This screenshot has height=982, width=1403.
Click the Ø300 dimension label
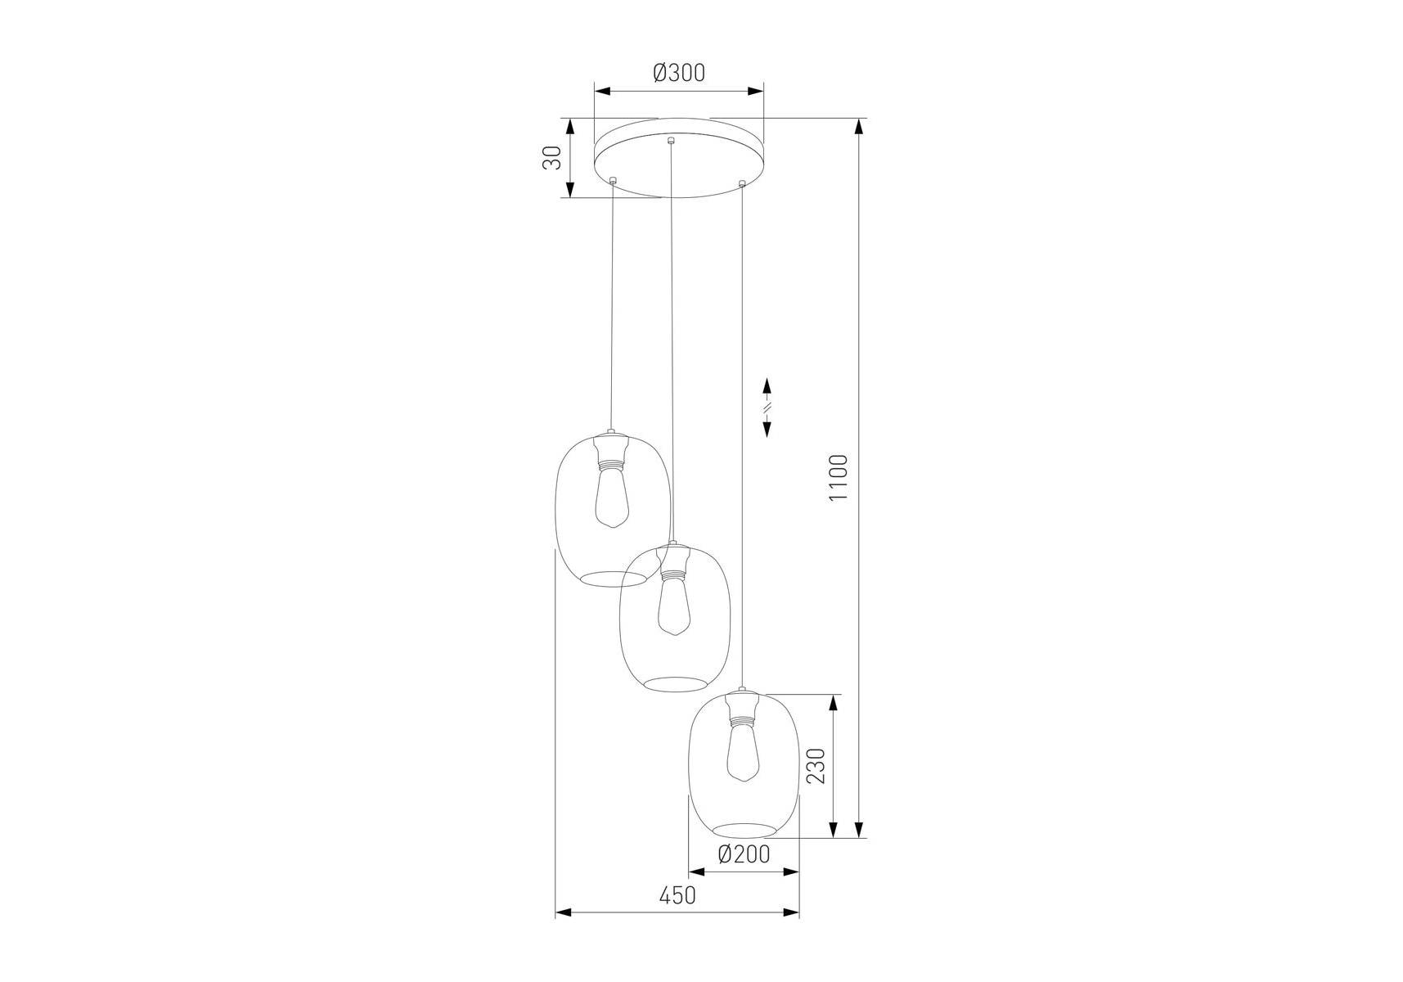pyautogui.click(x=679, y=73)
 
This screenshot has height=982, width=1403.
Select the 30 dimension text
pyautogui.click(x=554, y=158)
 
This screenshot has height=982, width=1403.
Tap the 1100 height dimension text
pyautogui.click(x=839, y=479)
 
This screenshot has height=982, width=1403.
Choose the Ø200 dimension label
pyautogui.click(x=744, y=854)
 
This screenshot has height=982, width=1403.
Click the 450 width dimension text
pyautogui.click(x=677, y=895)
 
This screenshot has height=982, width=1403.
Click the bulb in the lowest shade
pyautogui.click(x=742, y=754)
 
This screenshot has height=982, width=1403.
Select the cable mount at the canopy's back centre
pyautogui.click(x=671, y=140)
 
